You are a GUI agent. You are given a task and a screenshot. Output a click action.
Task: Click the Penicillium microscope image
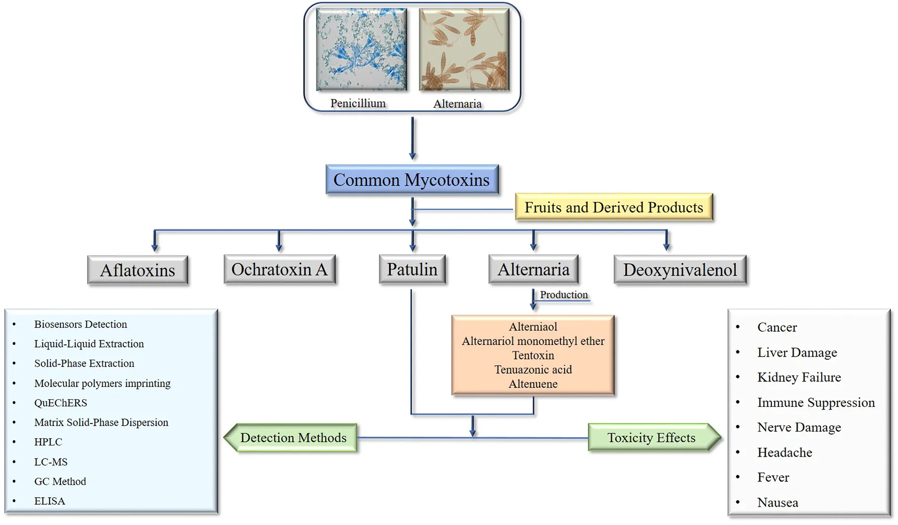(x=361, y=49)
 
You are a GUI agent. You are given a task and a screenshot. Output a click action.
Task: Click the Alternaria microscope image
(x=464, y=50)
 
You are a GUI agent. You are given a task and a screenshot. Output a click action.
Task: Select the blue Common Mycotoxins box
(x=411, y=180)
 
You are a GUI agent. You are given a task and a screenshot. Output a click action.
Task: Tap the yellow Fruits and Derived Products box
(x=614, y=207)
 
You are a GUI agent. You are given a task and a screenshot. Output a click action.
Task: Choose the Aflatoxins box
(x=137, y=270)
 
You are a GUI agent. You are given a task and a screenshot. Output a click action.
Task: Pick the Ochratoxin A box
(x=279, y=269)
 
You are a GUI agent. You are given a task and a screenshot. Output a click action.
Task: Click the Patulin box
(x=412, y=269)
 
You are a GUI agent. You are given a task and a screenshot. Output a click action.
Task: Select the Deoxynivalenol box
(x=680, y=270)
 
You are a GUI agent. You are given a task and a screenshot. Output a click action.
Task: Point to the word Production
(x=564, y=295)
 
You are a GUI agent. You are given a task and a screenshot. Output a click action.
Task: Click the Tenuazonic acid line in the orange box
(x=533, y=370)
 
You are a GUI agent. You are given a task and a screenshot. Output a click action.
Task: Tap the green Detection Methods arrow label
(x=292, y=438)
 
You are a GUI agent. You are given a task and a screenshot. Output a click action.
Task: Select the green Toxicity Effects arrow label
(x=652, y=438)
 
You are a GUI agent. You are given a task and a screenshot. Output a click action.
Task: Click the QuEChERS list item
(x=61, y=403)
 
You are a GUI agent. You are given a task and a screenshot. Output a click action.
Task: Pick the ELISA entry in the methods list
(x=50, y=501)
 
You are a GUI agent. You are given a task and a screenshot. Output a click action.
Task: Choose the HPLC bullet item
(x=48, y=442)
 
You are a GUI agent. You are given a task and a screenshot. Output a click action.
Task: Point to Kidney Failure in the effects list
(x=799, y=377)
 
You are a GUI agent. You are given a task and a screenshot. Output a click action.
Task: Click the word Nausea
(x=777, y=503)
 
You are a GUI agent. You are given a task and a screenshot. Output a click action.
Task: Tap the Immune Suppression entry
(x=816, y=403)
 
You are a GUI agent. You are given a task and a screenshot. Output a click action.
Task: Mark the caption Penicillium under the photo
(x=358, y=103)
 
